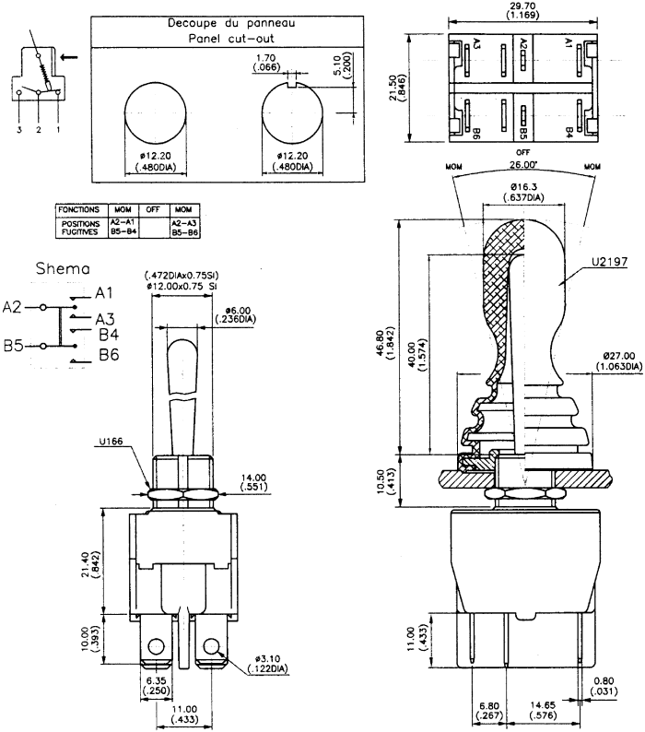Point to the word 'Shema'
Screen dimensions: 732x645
click(64, 269)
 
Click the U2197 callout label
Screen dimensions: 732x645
click(608, 262)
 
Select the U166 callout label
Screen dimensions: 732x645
click(111, 441)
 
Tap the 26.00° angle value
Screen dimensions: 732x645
click(522, 166)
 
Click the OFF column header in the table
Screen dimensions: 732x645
click(152, 209)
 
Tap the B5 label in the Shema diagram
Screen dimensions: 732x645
click(14, 347)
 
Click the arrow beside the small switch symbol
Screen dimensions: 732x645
click(69, 56)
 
